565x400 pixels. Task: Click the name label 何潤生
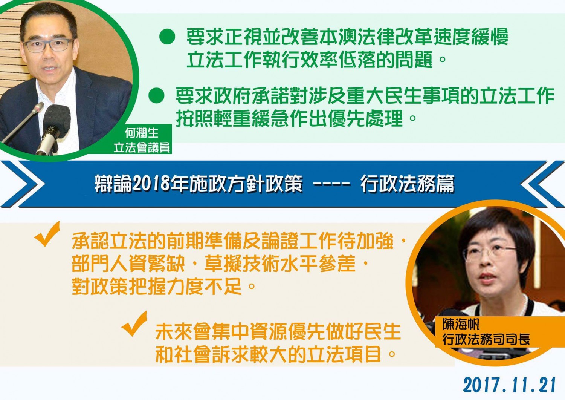142,133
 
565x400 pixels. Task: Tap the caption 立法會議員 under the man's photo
142,147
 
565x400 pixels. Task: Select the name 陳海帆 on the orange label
461,324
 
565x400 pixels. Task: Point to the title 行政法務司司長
486,339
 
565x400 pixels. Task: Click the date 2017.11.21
509,385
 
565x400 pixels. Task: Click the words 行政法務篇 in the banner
407,183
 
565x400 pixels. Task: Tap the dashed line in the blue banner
331,184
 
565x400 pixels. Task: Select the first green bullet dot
167,37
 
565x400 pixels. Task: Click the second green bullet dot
156,95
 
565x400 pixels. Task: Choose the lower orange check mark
134,323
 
